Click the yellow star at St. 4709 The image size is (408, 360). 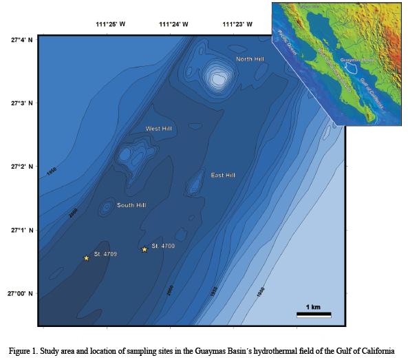click(x=87, y=258)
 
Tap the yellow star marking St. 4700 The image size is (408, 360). click(x=144, y=249)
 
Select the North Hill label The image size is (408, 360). click(x=250, y=59)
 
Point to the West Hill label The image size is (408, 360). click(x=159, y=129)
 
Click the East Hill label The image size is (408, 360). click(x=224, y=176)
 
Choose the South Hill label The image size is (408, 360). click(x=131, y=205)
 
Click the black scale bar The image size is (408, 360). click(x=314, y=315)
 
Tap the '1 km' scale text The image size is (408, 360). click(x=313, y=306)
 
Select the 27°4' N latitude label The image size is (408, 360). click(x=21, y=40)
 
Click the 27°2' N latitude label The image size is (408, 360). click(x=21, y=167)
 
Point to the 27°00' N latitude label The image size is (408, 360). click(x=21, y=294)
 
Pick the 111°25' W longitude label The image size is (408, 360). click(x=110, y=24)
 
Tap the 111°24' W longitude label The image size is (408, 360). click(x=174, y=24)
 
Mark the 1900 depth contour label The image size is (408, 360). click(x=261, y=292)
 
